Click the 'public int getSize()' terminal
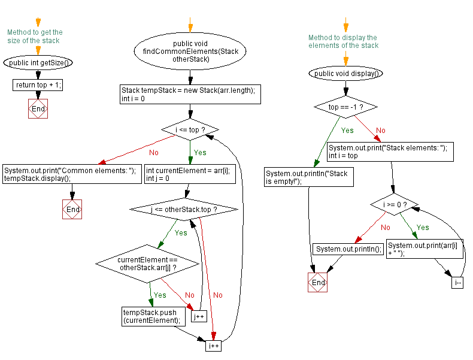pos(38,62)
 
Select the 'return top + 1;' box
pos(38,85)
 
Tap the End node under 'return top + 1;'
pos(38,109)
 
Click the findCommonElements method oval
pos(190,52)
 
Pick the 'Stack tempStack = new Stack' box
pos(190,95)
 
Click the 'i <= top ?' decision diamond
pos(190,129)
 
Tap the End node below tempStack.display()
pos(72,210)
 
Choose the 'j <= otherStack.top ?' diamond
pos(184,210)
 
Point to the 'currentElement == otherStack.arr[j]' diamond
pos(147,263)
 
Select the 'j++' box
pos(199,316)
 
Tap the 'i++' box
pos(214,346)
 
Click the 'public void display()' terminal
pos(345,74)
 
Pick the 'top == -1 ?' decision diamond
pos(345,107)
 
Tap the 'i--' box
pos(457,283)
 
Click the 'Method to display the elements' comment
pos(343,41)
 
